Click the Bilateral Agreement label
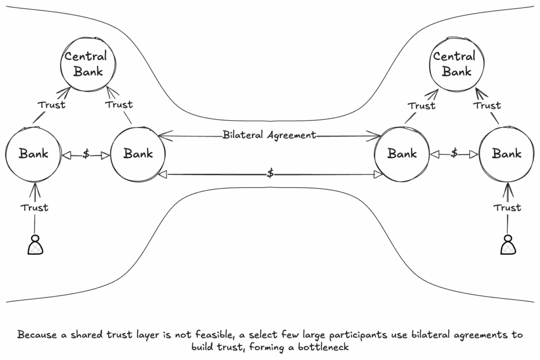pos(269,135)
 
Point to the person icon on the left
pos(35,245)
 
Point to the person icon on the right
pos(508,245)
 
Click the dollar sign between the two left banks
pos(86,154)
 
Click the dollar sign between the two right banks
pos(455,153)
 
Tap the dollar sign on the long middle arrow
pos(271,173)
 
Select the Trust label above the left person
pos(34,208)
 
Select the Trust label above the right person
pos(507,208)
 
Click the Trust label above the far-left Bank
pos(51,105)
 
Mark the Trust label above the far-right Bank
pos(487,105)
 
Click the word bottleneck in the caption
pos(323,347)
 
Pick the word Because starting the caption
pos(37,335)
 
